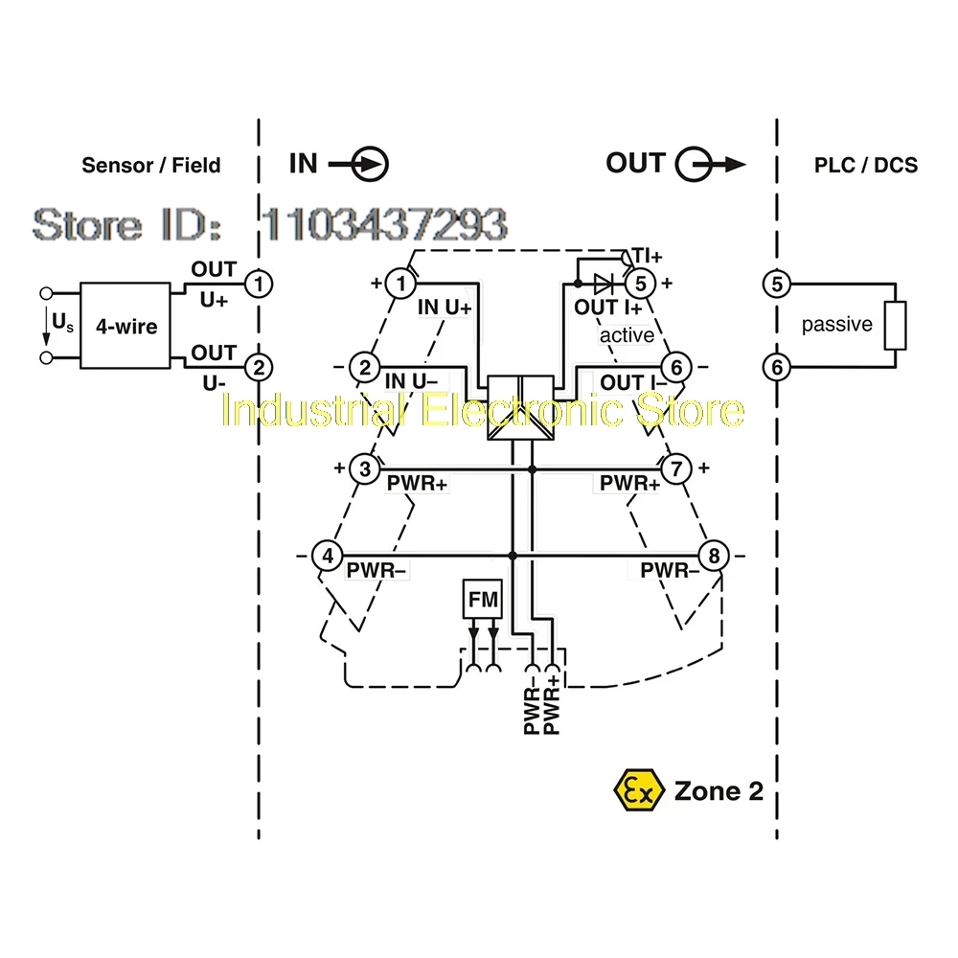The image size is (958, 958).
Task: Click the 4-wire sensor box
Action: point(125,326)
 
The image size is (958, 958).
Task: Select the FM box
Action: point(483,599)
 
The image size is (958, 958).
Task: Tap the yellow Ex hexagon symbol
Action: point(638,790)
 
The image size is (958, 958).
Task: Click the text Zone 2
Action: point(718,791)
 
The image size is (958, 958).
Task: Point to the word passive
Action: point(837,324)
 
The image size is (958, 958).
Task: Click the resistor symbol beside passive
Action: point(895,325)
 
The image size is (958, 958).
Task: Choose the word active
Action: point(627,334)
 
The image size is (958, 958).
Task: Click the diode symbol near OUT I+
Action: point(603,284)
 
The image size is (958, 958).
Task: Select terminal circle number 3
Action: point(365,469)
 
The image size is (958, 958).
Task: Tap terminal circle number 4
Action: point(328,556)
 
